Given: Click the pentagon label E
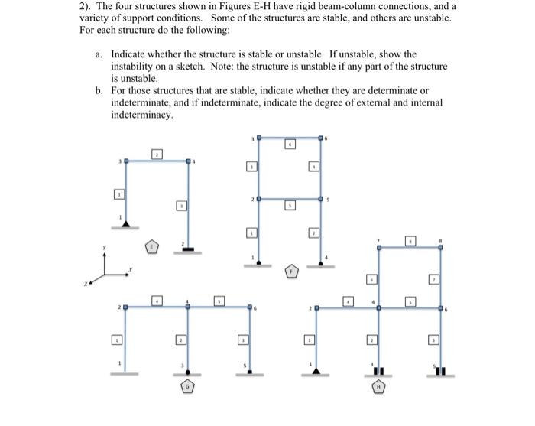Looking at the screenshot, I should point(153,247).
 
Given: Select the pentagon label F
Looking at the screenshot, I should point(291,270).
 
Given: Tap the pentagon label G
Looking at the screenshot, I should point(186,388).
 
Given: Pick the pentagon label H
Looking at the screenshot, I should point(375,388).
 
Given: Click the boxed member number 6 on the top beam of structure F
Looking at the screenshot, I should point(290,143).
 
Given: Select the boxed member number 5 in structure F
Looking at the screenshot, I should point(290,206).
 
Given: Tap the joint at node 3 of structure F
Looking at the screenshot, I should point(258,138).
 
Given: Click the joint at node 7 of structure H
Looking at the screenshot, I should point(379,247).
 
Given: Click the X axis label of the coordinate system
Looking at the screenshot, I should point(131,269).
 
